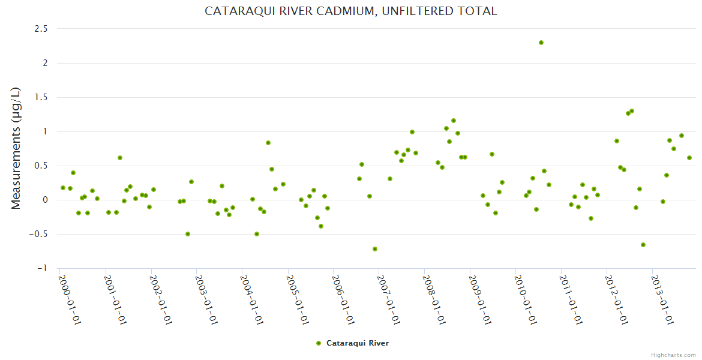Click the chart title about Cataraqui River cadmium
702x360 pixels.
(x=351, y=11)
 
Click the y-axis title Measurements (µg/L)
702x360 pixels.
(x=16, y=148)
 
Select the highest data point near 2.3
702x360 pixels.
(x=541, y=43)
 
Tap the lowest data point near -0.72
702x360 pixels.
(x=375, y=249)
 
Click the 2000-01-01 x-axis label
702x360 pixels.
(x=70, y=300)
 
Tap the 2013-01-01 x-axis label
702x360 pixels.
(x=662, y=300)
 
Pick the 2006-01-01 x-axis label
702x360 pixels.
(x=343, y=300)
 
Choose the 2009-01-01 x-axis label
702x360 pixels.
(x=480, y=300)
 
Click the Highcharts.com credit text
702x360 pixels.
(x=673, y=355)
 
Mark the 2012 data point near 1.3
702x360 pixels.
(x=632, y=111)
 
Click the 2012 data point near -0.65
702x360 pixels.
(x=643, y=245)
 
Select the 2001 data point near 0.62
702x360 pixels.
(x=120, y=158)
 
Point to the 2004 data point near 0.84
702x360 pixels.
(x=268, y=143)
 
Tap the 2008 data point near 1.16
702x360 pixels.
(x=454, y=121)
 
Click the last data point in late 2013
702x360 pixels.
(x=689, y=158)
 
